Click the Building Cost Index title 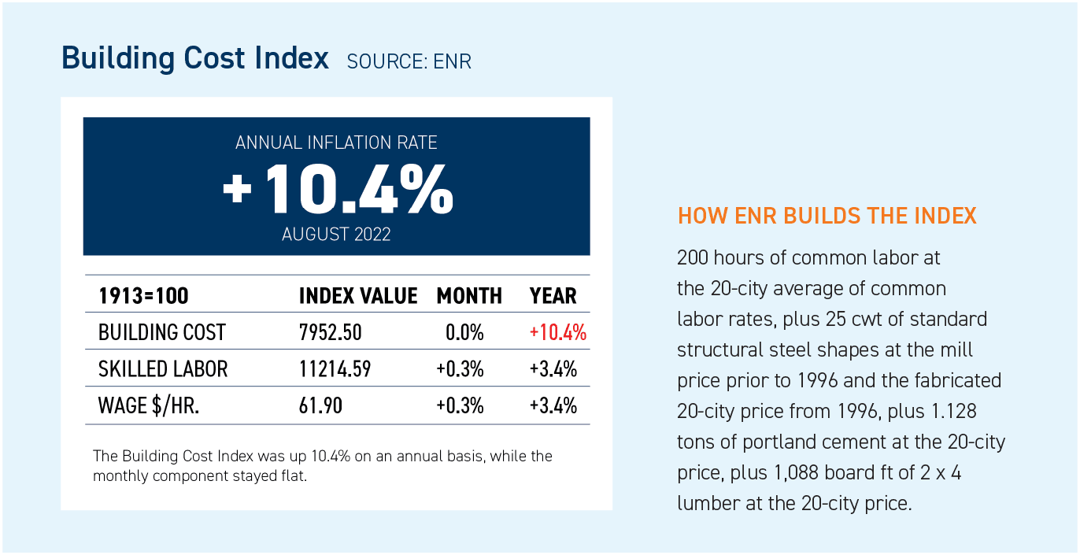pos(195,59)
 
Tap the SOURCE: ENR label pos(409,61)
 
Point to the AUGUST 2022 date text pos(336,235)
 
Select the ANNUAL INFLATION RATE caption pos(336,143)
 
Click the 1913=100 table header pos(144,296)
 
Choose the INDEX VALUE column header pos(358,296)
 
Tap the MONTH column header pos(469,296)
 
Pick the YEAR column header pos(553,296)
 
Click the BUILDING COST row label pos(162,332)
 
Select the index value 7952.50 pos(331,332)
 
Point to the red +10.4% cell pos(558,332)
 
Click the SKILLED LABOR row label pos(163,368)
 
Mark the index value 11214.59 pos(335,368)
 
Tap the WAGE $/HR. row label pos(150,405)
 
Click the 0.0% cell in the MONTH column pos(464,332)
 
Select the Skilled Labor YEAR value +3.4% pos(553,368)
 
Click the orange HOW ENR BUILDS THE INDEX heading pos(827,216)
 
